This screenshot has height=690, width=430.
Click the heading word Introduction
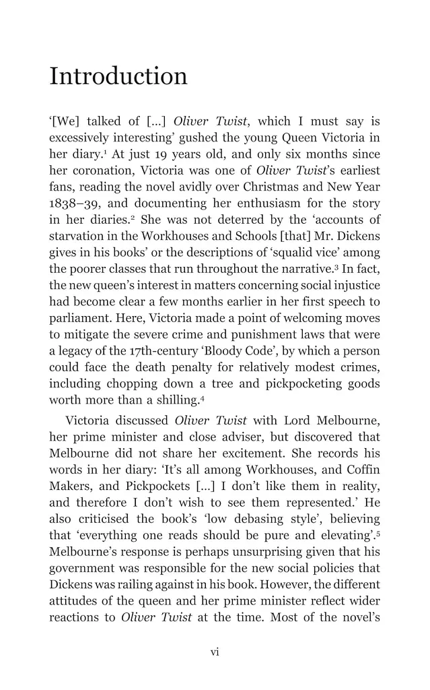coord(118,76)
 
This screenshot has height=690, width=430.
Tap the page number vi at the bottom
coord(215,652)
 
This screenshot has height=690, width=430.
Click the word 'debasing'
coord(254,519)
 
